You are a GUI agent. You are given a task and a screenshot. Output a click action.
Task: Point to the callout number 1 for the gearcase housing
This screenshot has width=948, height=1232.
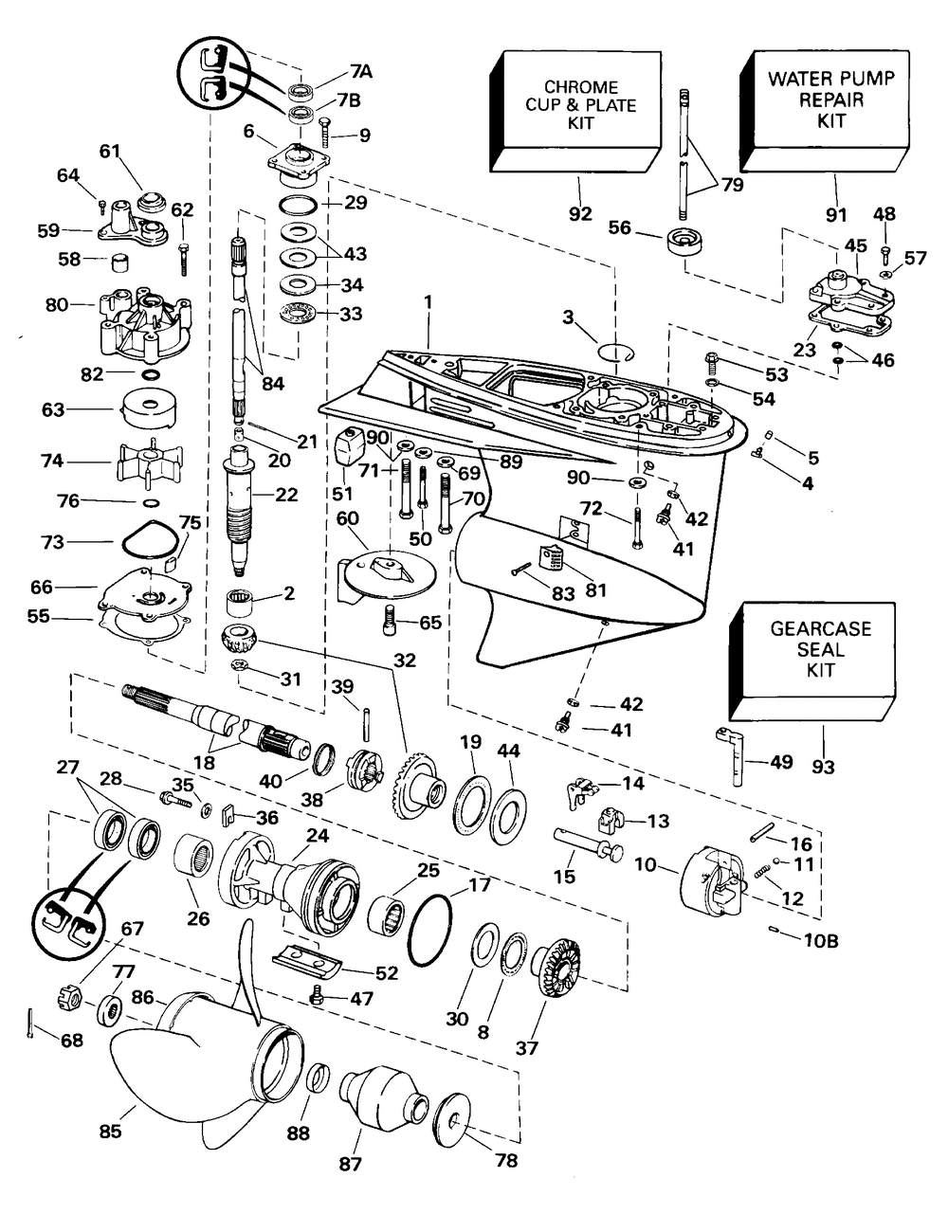click(428, 300)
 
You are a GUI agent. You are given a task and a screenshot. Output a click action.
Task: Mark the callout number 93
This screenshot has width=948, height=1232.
click(823, 766)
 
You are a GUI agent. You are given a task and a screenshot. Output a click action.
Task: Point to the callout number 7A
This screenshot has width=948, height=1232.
click(361, 71)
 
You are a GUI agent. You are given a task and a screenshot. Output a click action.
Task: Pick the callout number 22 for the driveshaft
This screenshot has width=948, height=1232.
click(286, 494)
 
